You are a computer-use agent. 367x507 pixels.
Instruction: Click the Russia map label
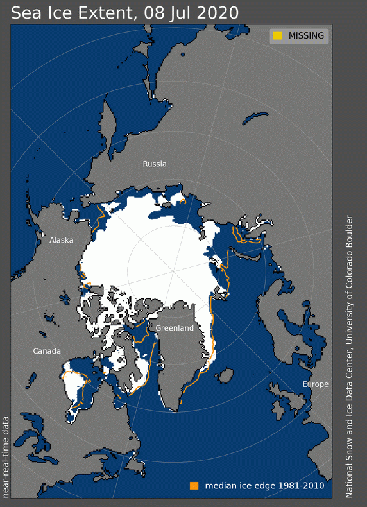[x=155, y=164]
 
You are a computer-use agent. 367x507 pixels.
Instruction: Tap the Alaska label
[x=62, y=240]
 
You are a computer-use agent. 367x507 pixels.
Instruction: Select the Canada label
[x=47, y=351]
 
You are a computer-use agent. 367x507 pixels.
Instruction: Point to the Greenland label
[x=175, y=328]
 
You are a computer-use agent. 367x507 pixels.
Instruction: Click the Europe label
[x=315, y=384]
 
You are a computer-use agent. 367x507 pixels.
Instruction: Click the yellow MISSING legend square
[x=277, y=35]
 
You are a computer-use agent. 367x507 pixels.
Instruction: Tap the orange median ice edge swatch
[x=194, y=485]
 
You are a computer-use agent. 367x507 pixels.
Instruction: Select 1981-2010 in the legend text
[x=302, y=486]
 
